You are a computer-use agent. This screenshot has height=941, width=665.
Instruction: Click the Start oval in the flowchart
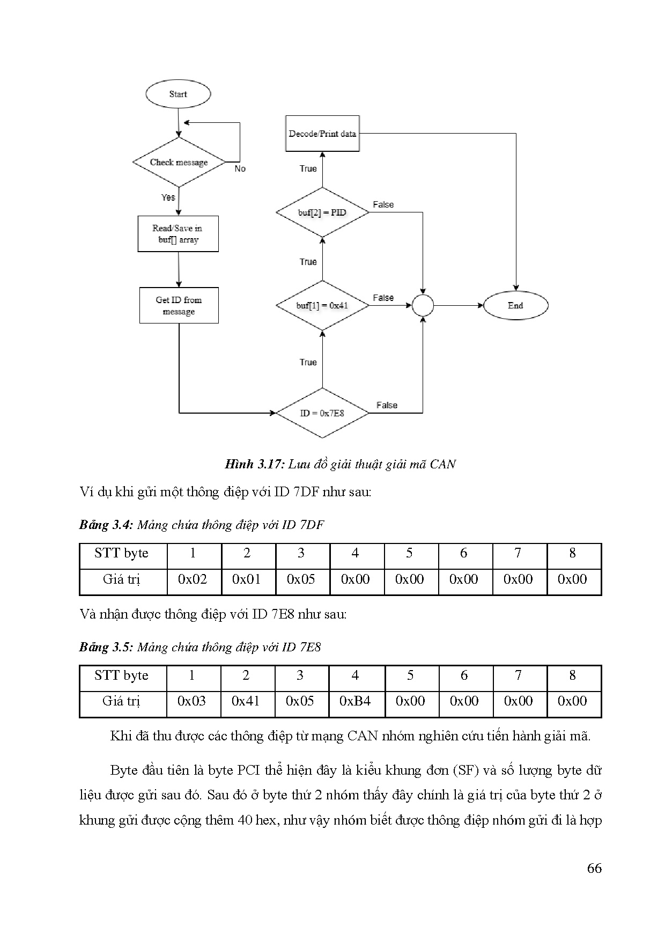pyautogui.click(x=178, y=94)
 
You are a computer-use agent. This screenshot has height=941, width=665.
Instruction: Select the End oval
pyautogui.click(x=515, y=306)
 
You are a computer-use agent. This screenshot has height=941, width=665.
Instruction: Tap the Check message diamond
pyautogui.click(x=179, y=163)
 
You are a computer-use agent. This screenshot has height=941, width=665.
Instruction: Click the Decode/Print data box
pyautogui.click(x=322, y=134)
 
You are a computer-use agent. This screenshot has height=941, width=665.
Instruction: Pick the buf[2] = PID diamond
pyautogui.click(x=322, y=212)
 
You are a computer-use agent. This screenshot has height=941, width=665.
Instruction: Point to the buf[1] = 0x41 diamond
pyautogui.click(x=322, y=306)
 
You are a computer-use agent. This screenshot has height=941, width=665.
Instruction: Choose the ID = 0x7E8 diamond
pyautogui.click(x=322, y=413)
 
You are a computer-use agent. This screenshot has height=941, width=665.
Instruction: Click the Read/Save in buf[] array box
pyautogui.click(x=178, y=234)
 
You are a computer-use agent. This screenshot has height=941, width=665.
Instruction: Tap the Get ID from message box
pyautogui.click(x=179, y=306)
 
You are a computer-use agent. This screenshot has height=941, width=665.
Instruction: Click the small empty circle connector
pyautogui.click(x=423, y=306)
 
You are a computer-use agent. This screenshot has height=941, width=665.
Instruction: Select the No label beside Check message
pyautogui.click(x=240, y=169)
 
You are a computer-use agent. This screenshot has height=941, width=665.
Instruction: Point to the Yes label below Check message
pyautogui.click(x=168, y=197)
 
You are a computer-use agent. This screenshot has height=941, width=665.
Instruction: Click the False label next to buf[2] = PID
pyautogui.click(x=383, y=205)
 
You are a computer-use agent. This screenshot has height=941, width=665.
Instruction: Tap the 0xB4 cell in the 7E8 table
pyautogui.click(x=355, y=701)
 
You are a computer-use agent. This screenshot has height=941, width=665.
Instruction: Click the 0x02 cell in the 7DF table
pyautogui.click(x=193, y=579)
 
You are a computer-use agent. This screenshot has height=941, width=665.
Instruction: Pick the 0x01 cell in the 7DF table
pyautogui.click(x=247, y=579)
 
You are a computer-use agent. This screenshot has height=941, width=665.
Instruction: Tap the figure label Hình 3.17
pyautogui.click(x=254, y=465)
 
